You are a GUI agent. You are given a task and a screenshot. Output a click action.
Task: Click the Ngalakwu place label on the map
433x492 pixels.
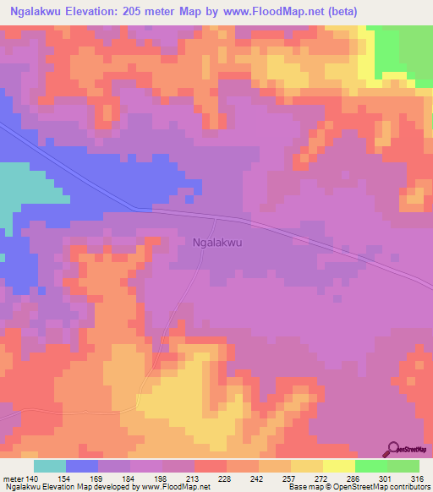(x=218, y=242)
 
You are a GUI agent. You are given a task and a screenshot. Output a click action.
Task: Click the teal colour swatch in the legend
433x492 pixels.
(x=50, y=466)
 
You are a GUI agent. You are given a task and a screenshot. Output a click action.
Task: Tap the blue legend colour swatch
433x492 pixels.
(x=82, y=466)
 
